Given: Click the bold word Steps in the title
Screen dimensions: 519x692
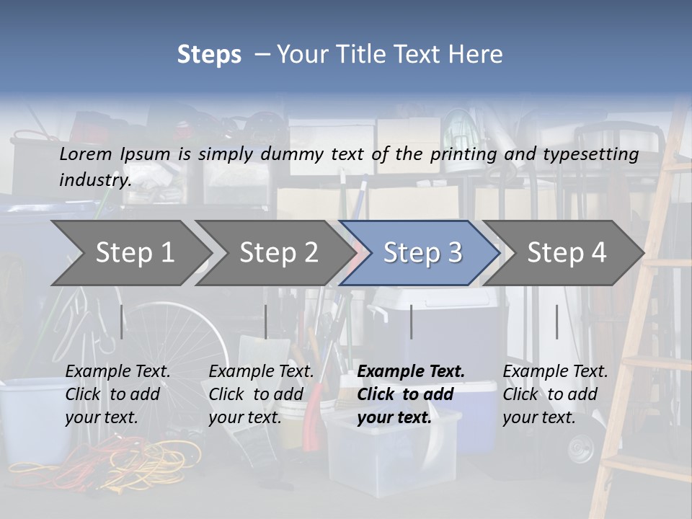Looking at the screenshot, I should click(209, 55).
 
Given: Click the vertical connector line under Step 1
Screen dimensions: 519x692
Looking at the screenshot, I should click(122, 321).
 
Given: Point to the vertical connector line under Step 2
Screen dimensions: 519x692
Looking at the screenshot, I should click(266, 321).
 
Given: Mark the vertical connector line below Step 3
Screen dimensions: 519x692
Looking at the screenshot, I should click(412, 321).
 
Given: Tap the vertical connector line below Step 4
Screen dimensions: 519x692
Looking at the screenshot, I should click(556, 321).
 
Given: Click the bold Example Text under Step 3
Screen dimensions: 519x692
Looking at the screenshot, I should click(411, 372).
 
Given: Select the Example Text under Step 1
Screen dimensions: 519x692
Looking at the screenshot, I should click(117, 372).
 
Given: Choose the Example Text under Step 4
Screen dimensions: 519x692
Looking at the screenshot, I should click(555, 372).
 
